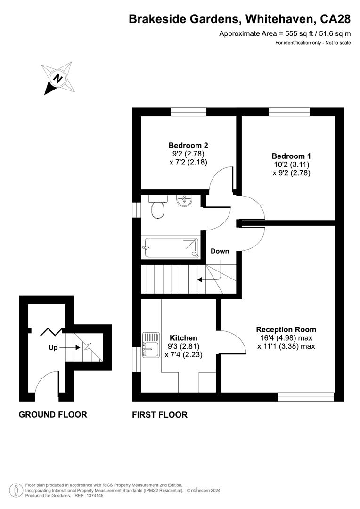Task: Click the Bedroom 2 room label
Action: (x=188, y=145)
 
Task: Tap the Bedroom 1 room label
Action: (x=291, y=156)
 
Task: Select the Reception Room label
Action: (x=286, y=329)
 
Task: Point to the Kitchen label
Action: (x=183, y=338)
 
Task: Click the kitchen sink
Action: (x=151, y=345)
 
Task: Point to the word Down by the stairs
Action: (x=220, y=251)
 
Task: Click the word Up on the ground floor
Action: (x=53, y=348)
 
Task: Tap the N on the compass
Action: (x=58, y=79)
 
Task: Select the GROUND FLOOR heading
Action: (x=53, y=415)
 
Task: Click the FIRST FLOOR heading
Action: (x=160, y=415)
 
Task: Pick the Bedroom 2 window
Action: (x=188, y=112)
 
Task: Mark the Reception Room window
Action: (x=306, y=397)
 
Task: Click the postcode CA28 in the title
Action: (x=335, y=19)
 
